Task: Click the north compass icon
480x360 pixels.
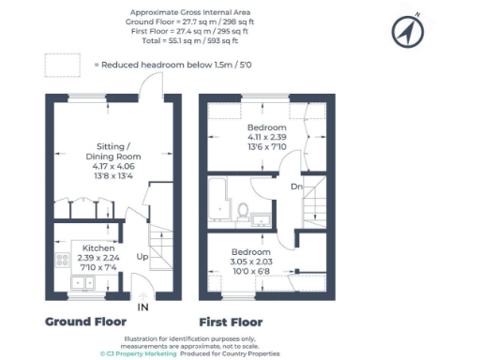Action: click(404, 32)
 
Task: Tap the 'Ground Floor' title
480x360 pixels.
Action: click(85, 322)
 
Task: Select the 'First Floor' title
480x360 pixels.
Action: click(231, 322)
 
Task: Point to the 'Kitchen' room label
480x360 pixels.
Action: click(98, 248)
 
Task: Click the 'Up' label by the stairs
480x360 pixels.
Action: click(142, 256)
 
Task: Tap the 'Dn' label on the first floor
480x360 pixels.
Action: click(295, 186)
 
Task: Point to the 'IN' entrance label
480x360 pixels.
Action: click(142, 307)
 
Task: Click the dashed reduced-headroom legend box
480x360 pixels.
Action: click(63, 66)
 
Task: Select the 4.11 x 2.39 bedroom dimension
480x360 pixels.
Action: click(266, 137)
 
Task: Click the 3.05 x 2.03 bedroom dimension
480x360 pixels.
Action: click(252, 262)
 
